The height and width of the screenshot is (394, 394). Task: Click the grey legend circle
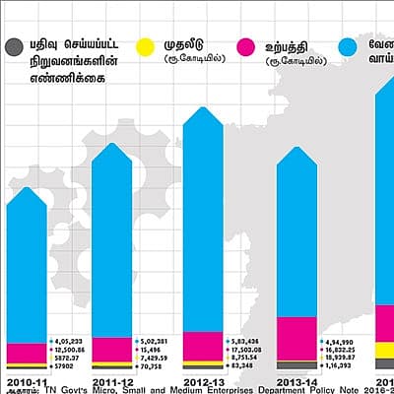click(14, 46)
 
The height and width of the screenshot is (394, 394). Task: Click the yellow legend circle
click(144, 46)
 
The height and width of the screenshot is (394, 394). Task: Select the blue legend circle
click(348, 46)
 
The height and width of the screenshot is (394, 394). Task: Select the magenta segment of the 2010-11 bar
click(26, 353)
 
